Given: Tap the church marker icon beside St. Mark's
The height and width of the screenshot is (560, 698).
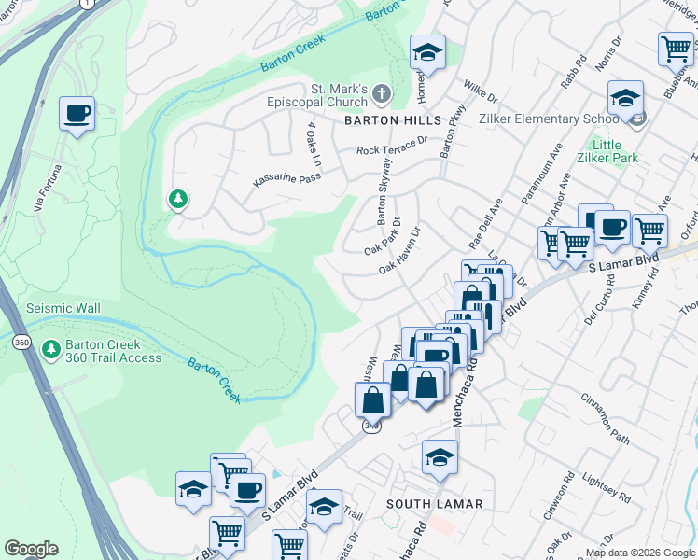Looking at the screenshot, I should click(x=382, y=93).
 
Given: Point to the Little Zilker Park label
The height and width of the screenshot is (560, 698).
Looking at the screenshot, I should click(x=615, y=151).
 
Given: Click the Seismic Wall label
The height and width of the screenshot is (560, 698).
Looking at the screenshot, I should click(x=63, y=308).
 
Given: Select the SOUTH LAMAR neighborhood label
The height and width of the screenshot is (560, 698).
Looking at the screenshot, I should click(x=435, y=504).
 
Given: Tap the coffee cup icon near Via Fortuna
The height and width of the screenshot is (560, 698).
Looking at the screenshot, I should click(x=77, y=114).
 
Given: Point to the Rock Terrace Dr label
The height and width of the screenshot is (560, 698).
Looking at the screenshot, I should click(x=391, y=148).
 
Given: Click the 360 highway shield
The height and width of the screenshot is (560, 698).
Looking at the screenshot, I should click(x=21, y=343).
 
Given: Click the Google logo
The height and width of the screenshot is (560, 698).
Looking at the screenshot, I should click(x=31, y=549).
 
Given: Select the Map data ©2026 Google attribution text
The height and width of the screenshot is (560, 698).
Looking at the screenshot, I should click(x=639, y=553).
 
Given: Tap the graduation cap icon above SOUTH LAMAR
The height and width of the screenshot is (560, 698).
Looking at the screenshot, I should click(x=440, y=456).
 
